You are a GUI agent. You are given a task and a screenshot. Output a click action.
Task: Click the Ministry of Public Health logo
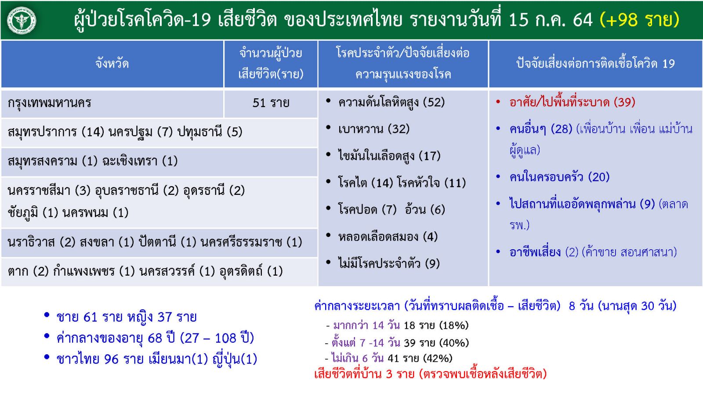pos(22,20)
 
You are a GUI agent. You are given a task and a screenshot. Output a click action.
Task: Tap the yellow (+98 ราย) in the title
pos(639,20)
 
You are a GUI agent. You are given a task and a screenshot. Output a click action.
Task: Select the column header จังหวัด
pos(112,64)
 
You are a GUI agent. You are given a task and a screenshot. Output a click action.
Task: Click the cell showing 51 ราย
pos(271,103)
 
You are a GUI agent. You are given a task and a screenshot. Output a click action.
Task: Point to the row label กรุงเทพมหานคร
pos(49,103)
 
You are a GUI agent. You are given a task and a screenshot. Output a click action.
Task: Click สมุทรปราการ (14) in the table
pos(56,132)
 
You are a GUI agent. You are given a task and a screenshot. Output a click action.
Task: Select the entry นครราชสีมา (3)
pos(49,190)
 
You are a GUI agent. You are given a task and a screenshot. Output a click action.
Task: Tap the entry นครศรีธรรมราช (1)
pos(251,242)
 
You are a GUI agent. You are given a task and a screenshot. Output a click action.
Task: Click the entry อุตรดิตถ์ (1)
pos(251,271)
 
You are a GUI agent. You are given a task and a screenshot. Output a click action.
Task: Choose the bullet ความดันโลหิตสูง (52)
pos(391,103)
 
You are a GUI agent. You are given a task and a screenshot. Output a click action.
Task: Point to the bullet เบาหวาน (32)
pos(374,129)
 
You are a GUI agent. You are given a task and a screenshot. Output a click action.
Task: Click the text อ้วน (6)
pos(425,209)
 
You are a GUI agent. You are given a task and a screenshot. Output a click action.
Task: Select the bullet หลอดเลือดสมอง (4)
pos(388,237)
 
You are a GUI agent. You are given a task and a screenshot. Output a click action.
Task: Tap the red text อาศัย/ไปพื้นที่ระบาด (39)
pos(573,102)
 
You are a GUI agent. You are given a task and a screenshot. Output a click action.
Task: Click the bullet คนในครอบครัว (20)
pos(560,177)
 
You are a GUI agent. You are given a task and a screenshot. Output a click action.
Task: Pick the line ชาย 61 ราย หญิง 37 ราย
pos(127,317)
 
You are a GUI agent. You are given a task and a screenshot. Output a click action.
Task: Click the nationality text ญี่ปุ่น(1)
pos(235,359)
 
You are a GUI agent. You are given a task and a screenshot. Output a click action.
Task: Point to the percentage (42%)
pos(438,358)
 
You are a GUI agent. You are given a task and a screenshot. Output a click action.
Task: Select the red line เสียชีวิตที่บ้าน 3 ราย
pos(364,374)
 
